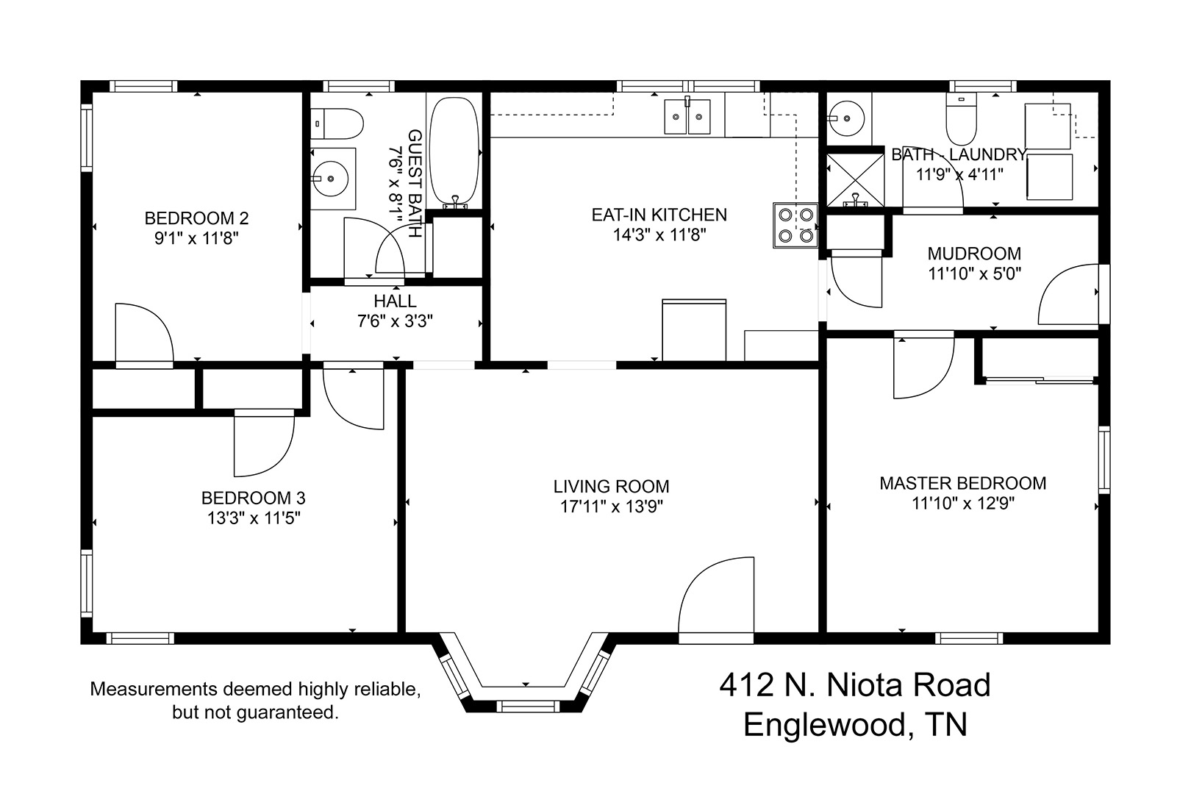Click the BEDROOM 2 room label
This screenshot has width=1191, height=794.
[x=196, y=218]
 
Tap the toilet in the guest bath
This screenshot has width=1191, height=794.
[x=337, y=124]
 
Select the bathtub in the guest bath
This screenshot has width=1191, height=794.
[x=454, y=152]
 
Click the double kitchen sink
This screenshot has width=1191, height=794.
[x=687, y=116]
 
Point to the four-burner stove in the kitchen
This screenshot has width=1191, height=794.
[x=795, y=225]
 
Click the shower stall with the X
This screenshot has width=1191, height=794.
[x=855, y=180]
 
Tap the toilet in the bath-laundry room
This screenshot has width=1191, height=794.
[x=962, y=120]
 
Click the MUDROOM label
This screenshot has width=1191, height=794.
[x=974, y=254]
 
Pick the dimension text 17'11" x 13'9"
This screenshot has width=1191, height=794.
[x=612, y=507]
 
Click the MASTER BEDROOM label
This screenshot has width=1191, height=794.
[x=963, y=484]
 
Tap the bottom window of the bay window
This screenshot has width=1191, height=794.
[x=527, y=707]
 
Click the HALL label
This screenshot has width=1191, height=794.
[x=395, y=301]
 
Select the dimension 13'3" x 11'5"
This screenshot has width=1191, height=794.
[x=254, y=518]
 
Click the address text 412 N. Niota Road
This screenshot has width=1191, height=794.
[x=855, y=684]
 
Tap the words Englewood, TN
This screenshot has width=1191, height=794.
[x=855, y=724]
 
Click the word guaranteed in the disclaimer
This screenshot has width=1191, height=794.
[x=287, y=713]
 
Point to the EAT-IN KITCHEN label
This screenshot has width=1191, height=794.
[x=659, y=215]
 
